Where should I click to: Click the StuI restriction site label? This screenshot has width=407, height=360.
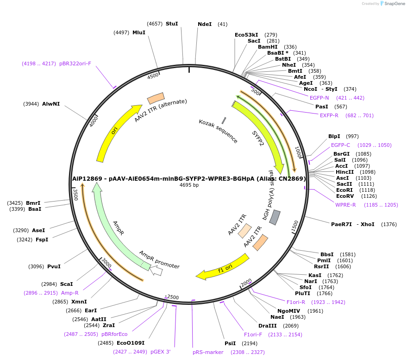[x=171, y=24]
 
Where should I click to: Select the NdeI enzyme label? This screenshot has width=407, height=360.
[x=204, y=24]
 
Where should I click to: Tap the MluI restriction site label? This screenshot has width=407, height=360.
[x=138, y=32]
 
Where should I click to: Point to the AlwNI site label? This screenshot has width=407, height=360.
[x=51, y=104]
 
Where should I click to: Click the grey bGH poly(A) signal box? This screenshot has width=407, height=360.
[x=275, y=217]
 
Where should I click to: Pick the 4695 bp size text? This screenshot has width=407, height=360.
[x=189, y=185]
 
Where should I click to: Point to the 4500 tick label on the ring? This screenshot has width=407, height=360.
[x=153, y=76]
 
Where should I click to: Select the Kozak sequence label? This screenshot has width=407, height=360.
[x=218, y=131]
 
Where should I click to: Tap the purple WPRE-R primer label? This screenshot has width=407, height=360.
[x=345, y=205]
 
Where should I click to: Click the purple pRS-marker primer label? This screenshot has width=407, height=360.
[x=208, y=352]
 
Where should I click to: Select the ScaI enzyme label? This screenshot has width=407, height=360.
[x=66, y=284]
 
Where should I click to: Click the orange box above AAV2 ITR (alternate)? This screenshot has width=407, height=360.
[x=156, y=98]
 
